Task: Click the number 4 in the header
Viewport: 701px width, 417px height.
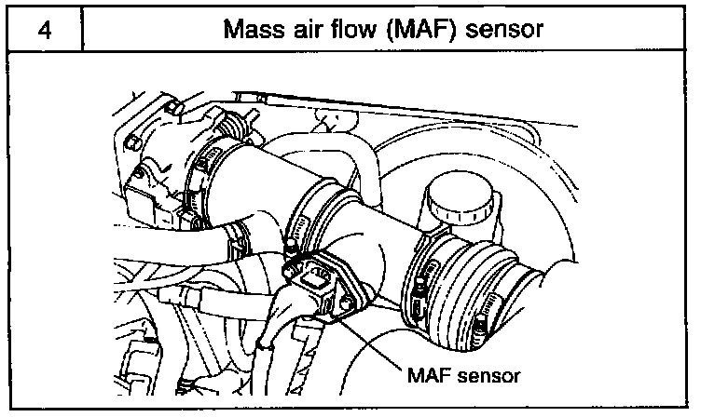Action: click(x=44, y=29)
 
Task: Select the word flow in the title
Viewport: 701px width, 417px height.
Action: click(x=359, y=30)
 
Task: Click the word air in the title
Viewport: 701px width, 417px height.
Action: click(x=310, y=30)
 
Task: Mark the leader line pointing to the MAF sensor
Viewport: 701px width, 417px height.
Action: click(x=373, y=340)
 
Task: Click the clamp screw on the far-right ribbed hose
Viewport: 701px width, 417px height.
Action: click(x=481, y=322)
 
